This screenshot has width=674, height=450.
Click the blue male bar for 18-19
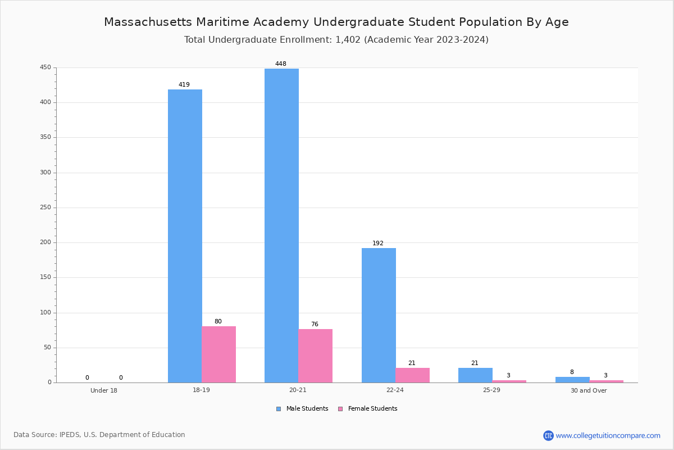pos(185,236)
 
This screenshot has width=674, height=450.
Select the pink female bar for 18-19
pos(218,354)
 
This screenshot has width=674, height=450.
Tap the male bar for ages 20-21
pos(281,226)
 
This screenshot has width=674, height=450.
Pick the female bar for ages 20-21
pos(315,356)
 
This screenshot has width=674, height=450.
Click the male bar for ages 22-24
pos(379,315)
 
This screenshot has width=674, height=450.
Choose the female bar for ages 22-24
pos(412,375)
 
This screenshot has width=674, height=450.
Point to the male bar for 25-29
pos(475,375)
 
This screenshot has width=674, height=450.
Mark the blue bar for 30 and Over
pos(572,380)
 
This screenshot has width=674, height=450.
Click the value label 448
pos(281,64)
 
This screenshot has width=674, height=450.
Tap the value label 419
pos(184,84)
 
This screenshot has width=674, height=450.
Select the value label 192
pos(378,243)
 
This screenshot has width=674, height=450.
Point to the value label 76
pos(315,324)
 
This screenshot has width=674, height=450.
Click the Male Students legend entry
pos(302,408)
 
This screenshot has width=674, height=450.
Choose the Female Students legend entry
pos(368,408)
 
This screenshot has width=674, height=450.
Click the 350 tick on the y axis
pos(45,137)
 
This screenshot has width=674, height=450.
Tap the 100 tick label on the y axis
pos(45,313)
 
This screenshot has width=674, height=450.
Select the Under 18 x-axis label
pos(104,390)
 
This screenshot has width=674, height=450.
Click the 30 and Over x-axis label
pos(589,390)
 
